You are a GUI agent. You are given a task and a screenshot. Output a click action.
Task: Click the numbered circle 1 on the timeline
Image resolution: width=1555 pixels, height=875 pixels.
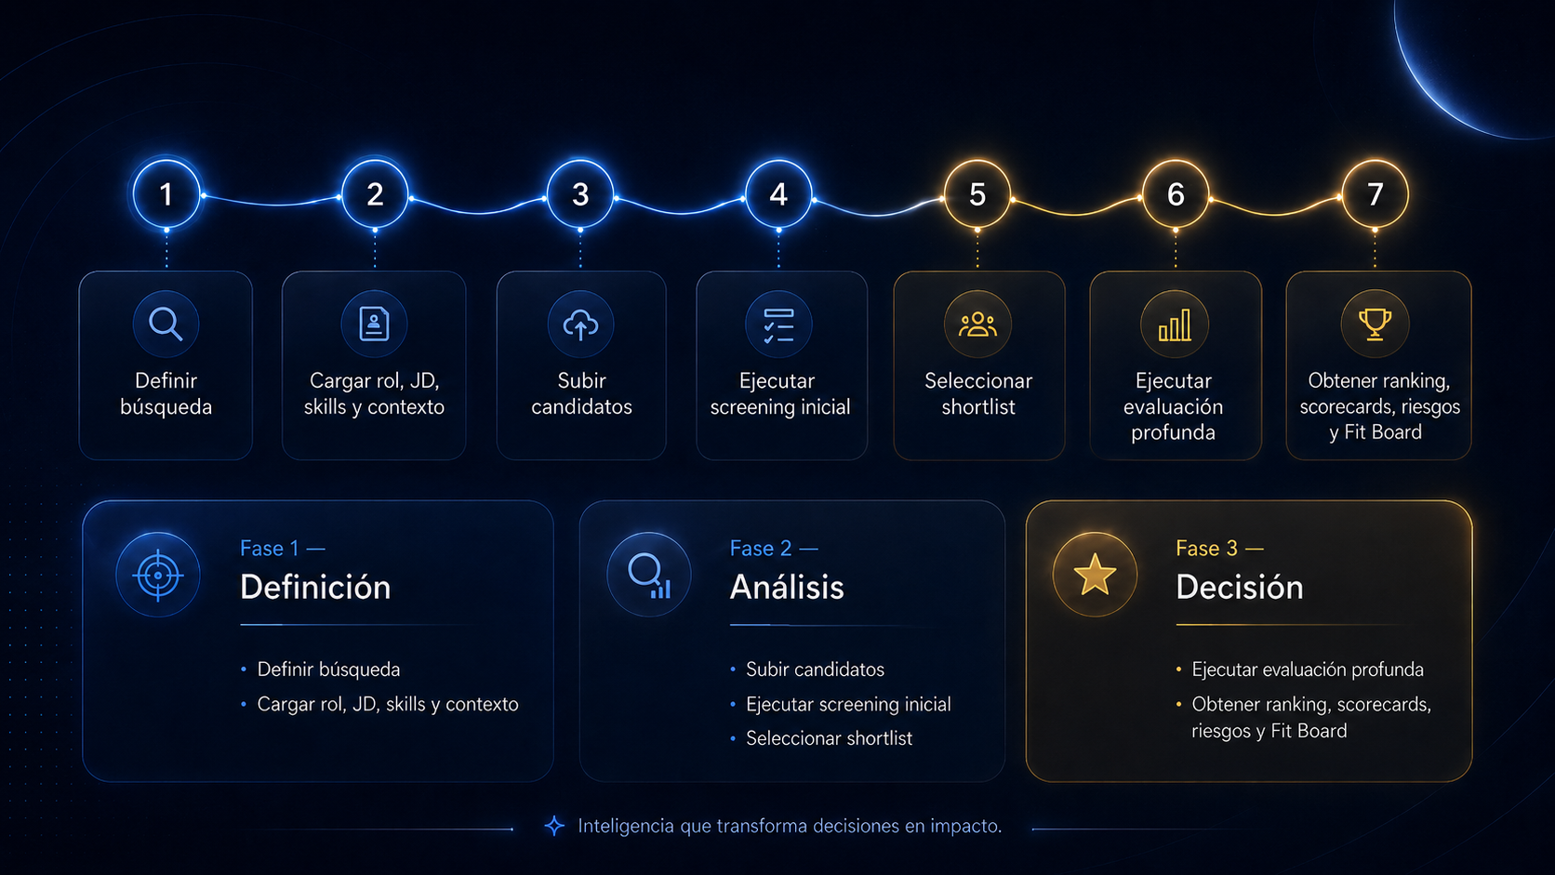click(x=166, y=194)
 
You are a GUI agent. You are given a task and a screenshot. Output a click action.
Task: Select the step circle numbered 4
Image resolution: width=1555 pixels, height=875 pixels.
click(x=778, y=194)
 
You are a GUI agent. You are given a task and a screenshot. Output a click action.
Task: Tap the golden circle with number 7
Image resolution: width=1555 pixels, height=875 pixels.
click(x=1375, y=194)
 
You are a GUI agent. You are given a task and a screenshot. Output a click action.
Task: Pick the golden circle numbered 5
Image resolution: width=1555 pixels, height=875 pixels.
click(x=977, y=194)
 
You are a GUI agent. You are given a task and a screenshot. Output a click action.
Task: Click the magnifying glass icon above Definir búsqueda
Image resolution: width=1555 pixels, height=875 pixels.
click(x=166, y=324)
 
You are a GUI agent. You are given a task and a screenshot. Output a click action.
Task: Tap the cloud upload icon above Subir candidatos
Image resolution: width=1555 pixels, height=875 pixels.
click(x=580, y=325)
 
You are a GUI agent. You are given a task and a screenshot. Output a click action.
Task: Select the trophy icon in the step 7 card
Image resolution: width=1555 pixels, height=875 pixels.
click(x=1375, y=324)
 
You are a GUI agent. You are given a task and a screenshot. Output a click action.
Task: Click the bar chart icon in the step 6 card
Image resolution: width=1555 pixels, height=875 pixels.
click(x=1175, y=325)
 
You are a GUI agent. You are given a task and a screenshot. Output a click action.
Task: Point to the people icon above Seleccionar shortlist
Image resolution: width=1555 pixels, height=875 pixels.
click(x=977, y=325)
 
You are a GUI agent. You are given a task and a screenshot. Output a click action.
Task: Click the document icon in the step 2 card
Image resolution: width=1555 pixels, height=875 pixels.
click(x=374, y=324)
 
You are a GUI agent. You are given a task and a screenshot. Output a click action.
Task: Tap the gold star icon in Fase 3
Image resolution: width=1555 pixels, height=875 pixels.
click(x=1095, y=575)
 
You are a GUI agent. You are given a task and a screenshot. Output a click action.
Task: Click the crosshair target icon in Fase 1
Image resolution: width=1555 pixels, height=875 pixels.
click(x=158, y=576)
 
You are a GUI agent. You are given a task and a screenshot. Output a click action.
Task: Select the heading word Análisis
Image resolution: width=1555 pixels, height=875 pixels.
click(x=787, y=587)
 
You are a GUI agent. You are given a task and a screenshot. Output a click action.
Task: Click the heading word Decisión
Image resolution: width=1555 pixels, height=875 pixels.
click(x=1239, y=587)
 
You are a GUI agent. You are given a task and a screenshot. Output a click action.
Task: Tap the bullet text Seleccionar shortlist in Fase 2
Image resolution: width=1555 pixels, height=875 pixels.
click(x=829, y=738)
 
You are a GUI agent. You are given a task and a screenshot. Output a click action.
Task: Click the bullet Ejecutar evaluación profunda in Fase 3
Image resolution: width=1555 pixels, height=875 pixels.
click(x=1308, y=670)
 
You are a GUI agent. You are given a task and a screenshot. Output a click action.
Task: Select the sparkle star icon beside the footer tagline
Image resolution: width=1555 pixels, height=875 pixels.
click(x=554, y=826)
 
